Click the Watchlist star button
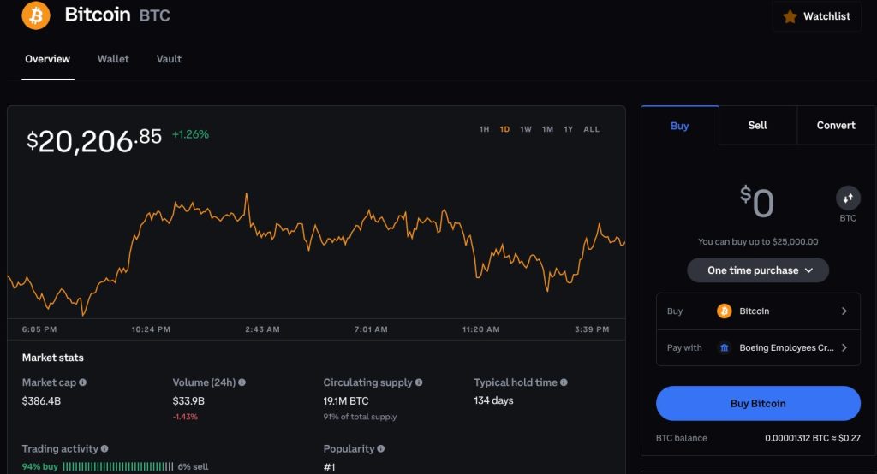click(816, 16)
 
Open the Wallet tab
click(113, 59)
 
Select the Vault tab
click(169, 59)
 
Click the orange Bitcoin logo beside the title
click(36, 15)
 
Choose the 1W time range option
click(526, 129)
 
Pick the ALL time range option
click(591, 129)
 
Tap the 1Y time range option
click(569, 129)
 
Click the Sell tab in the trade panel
click(757, 125)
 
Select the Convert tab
click(836, 125)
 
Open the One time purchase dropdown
click(757, 270)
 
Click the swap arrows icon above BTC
click(848, 198)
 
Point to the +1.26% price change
click(190, 134)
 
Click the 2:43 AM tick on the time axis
click(262, 329)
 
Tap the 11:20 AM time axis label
click(480, 329)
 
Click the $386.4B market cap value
click(40, 400)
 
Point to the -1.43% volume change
click(185, 416)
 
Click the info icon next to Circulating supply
click(418, 382)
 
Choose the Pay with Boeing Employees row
click(757, 347)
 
